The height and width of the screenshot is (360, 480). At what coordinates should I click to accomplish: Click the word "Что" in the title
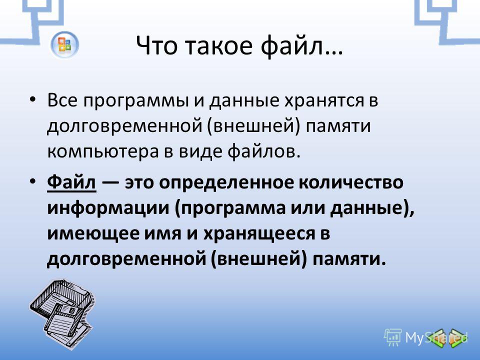pos(156,46)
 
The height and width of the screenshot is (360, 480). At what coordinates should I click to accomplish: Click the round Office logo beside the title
pos(64,44)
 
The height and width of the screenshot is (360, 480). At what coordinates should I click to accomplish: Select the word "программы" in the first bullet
pos(135,101)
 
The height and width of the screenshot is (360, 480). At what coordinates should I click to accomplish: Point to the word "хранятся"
pos(324,101)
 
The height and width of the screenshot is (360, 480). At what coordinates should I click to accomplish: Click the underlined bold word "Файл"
pos(71,182)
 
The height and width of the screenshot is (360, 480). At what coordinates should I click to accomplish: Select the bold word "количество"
pos(351,182)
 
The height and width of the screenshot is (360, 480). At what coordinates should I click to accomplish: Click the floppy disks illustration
pos(62,314)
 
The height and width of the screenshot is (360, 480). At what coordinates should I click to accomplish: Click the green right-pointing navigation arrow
pos(456,338)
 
